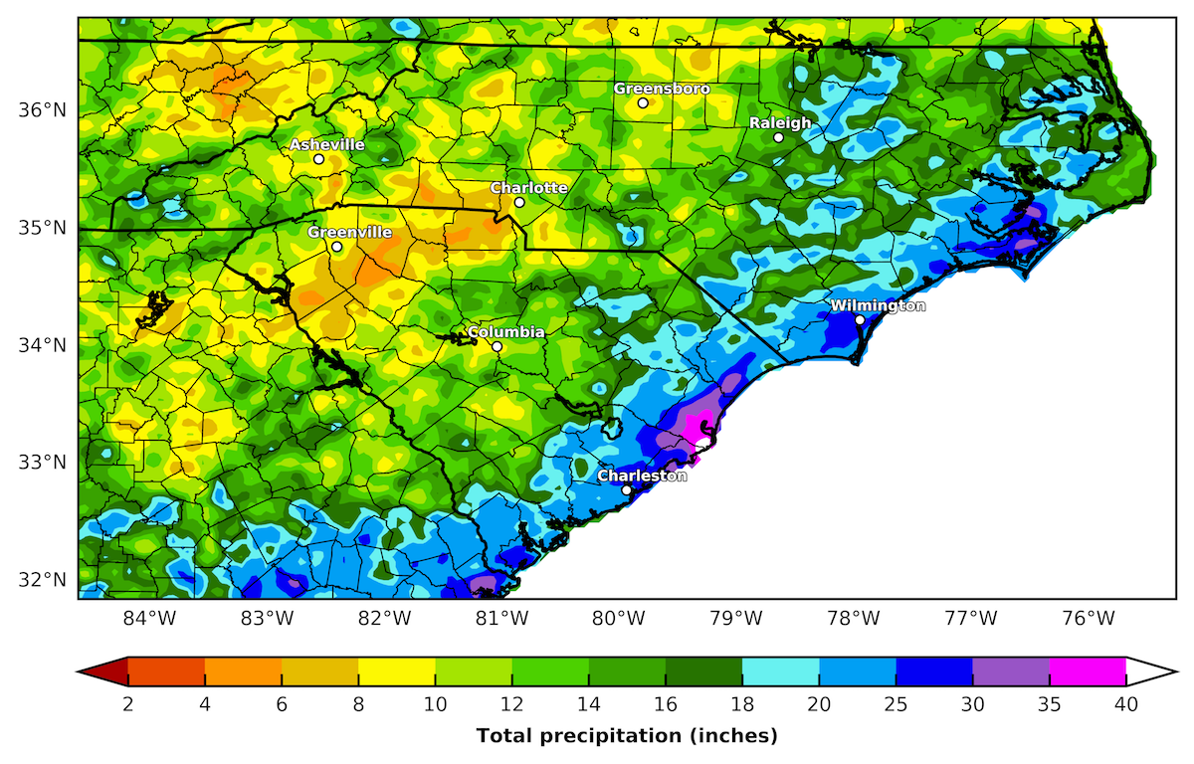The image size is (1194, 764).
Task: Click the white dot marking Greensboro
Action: click(x=643, y=102)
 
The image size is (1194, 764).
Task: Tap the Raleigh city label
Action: click(x=779, y=123)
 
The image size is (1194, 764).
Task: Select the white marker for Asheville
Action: click(x=318, y=159)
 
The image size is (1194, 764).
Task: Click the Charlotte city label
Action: click(x=528, y=188)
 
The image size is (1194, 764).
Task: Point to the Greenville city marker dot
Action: click(x=336, y=247)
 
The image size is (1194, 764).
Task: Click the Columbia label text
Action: click(x=505, y=332)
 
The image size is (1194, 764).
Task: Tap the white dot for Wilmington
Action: click(x=860, y=319)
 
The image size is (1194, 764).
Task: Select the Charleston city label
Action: click(x=642, y=477)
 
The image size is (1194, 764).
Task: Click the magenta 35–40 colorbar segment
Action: click(x=1088, y=672)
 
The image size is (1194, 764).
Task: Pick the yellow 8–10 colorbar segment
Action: click(x=396, y=672)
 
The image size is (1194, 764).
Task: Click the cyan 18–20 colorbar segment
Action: click(x=780, y=672)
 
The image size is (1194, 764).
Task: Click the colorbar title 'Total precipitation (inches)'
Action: click(x=627, y=736)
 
